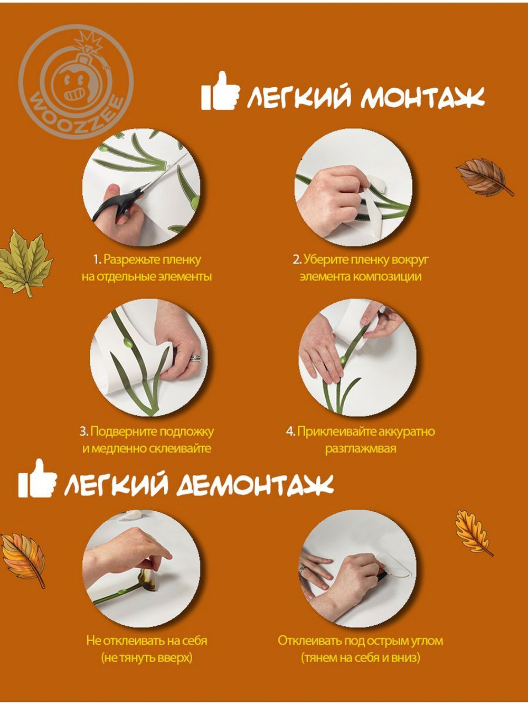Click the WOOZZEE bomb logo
[76, 82]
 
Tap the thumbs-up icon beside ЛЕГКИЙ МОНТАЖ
[220, 92]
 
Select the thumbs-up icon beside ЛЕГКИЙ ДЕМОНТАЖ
[37, 479]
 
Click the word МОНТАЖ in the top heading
[422, 98]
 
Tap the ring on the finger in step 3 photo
[195, 358]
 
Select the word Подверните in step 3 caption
[123, 431]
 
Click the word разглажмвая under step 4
[360, 448]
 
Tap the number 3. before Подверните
[84, 431]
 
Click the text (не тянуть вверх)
[146, 658]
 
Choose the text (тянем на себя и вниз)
[360, 658]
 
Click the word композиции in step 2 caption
[387, 276]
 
